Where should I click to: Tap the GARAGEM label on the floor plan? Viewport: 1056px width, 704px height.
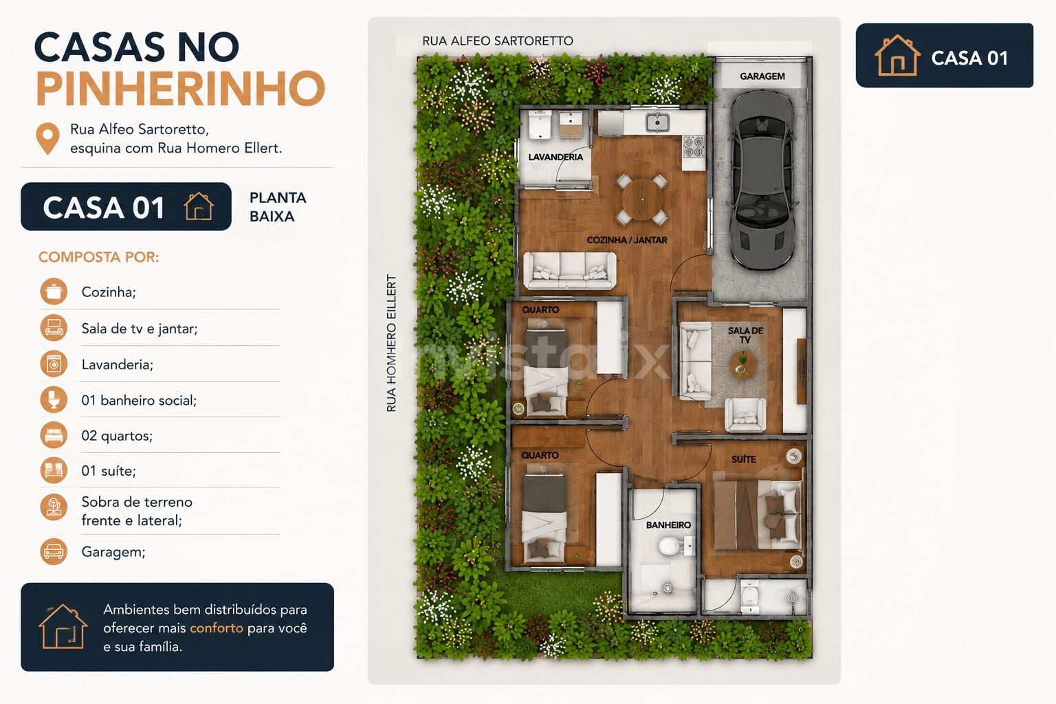[762, 76]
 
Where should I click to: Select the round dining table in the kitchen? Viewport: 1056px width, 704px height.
[642, 199]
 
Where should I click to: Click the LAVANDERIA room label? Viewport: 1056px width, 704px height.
[555, 157]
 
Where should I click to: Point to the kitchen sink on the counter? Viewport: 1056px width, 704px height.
[658, 122]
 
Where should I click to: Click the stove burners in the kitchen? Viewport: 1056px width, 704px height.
[694, 146]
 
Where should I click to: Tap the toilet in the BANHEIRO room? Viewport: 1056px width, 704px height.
[670, 547]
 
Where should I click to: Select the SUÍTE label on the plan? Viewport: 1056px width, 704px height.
[743, 459]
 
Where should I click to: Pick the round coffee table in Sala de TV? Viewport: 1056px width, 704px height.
[743, 366]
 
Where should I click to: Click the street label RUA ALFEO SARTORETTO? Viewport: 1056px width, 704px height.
[497, 41]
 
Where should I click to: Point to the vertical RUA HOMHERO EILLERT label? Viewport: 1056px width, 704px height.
[391, 343]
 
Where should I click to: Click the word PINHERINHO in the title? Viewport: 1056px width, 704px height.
[181, 89]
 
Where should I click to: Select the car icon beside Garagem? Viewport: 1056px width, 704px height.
[54, 551]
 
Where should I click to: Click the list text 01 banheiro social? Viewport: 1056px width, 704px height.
[139, 400]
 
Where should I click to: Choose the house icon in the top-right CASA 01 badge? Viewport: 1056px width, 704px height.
[897, 55]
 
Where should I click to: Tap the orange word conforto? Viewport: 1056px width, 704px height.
[217, 628]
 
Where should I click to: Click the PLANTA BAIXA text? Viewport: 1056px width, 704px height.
[278, 207]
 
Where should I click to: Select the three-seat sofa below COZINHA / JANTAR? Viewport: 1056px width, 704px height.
[569, 270]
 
